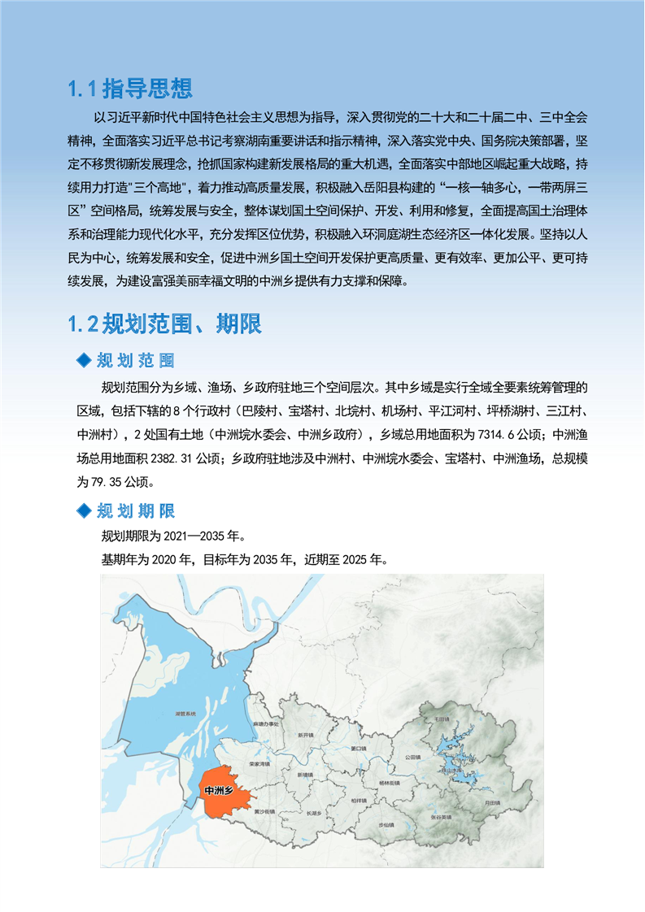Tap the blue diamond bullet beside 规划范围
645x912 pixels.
pyautogui.click(x=82, y=360)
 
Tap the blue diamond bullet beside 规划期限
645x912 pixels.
pyautogui.click(x=82, y=510)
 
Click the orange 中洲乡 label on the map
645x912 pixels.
pyautogui.click(x=219, y=789)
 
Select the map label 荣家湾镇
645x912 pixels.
pyautogui.click(x=260, y=764)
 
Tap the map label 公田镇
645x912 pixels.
pyautogui.click(x=414, y=756)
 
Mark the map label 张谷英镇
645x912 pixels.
pyautogui.click(x=441, y=816)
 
